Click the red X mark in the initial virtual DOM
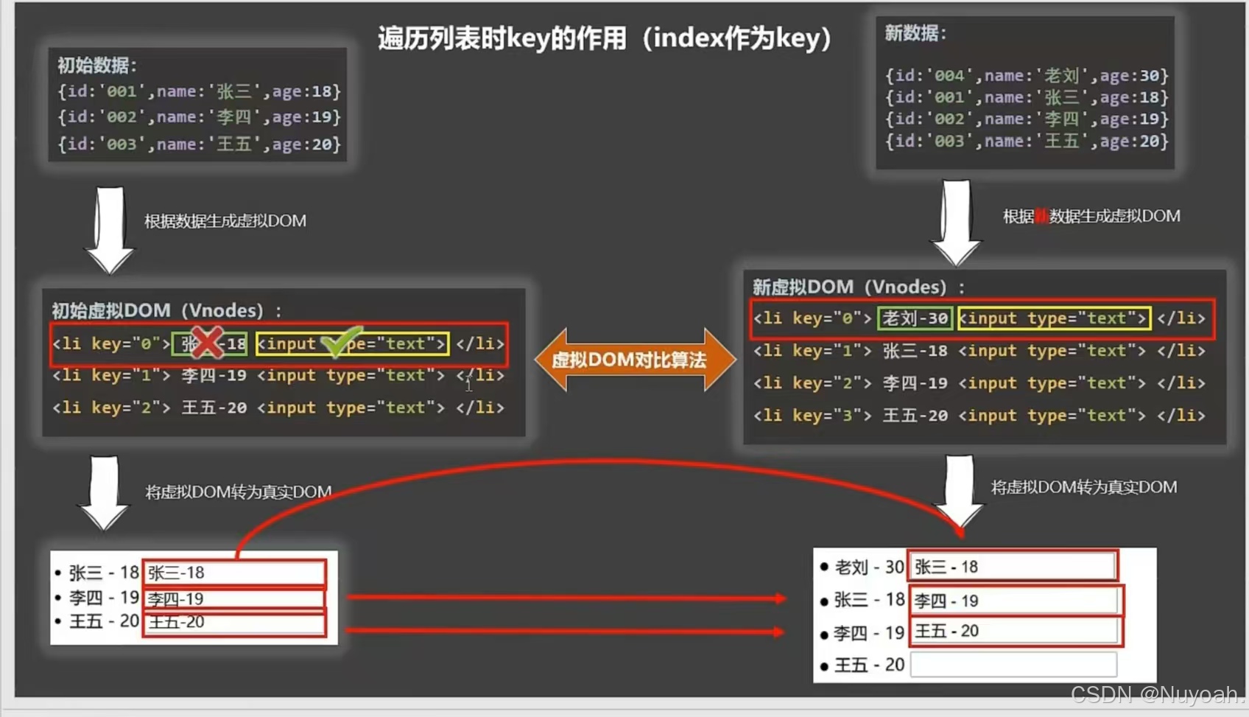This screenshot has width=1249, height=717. tap(207, 342)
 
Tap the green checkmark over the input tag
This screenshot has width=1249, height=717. tap(339, 341)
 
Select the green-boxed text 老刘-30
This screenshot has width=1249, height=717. tap(915, 318)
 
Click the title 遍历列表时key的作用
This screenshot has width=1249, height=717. tap(604, 38)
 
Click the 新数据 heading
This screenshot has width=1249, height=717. tap(915, 33)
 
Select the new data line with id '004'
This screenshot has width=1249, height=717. tap(1026, 75)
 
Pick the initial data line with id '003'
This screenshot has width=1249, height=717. tap(199, 144)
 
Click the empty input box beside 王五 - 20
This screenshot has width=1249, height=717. tap(1013, 665)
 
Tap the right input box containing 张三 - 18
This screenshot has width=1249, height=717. tap(1013, 567)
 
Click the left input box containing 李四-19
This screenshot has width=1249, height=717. tap(234, 598)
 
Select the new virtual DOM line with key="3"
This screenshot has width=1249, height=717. tap(979, 416)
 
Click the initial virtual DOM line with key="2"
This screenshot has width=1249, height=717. tap(278, 408)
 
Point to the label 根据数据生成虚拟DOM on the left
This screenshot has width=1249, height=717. tap(225, 221)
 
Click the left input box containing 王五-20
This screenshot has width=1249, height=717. tap(234, 622)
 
